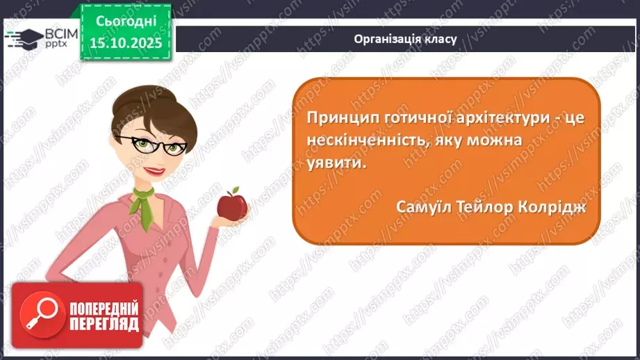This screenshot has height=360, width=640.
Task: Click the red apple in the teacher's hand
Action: (x=232, y=205)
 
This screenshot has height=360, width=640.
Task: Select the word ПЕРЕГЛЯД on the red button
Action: (x=104, y=325)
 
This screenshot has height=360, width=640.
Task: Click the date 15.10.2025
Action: (x=125, y=43)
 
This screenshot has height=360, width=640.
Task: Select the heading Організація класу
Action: (x=405, y=39)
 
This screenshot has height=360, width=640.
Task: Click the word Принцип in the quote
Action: (x=340, y=118)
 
